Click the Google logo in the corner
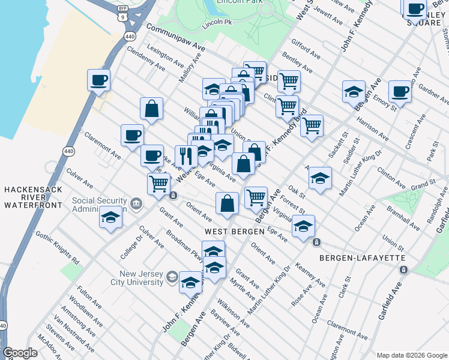click(20, 353)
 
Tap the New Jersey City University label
click(141, 277)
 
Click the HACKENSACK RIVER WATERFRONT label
click(33, 197)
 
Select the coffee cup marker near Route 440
click(98, 79)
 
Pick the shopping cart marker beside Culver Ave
click(159, 183)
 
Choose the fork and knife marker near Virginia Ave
click(186, 156)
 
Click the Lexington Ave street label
click(163, 55)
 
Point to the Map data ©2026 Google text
click(411, 355)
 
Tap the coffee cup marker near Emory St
click(399, 91)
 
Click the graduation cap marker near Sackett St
click(354, 91)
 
